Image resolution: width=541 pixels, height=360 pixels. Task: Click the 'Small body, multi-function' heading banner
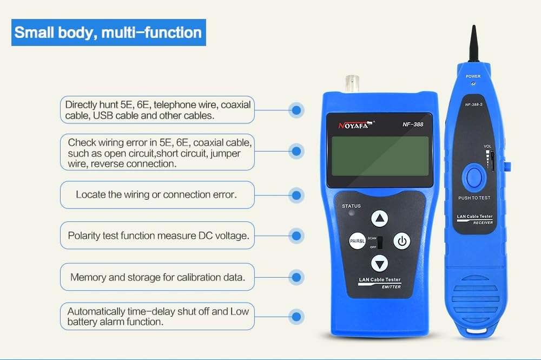tap(108, 32)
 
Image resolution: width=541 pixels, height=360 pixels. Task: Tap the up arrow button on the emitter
tap(380, 219)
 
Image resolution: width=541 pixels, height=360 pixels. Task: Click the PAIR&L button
tap(357, 241)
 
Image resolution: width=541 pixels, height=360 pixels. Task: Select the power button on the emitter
tap(401, 241)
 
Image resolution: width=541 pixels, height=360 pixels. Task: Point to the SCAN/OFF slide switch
tap(380, 243)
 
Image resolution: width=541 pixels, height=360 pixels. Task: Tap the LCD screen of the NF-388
tap(380, 156)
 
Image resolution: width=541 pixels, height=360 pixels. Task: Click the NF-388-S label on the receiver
tap(474, 104)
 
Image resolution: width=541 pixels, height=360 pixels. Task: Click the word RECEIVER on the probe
tap(483, 222)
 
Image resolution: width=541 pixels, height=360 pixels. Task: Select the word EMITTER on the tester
tap(391, 287)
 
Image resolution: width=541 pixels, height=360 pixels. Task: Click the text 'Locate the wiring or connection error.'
tap(156, 195)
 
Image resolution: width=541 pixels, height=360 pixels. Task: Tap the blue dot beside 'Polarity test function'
tap(296, 235)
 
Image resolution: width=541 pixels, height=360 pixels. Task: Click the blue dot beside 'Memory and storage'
tap(296, 277)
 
